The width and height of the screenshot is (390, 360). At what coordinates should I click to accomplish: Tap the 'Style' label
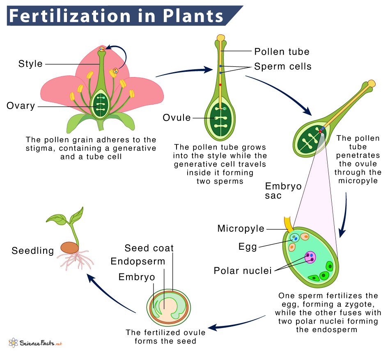pyautogui.click(x=30, y=64)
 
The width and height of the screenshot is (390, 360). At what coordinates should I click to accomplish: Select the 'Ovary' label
pyautogui.click(x=21, y=106)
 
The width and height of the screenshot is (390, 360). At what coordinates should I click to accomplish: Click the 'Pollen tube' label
pyautogui.click(x=282, y=52)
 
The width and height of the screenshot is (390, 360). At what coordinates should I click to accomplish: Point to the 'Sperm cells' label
pyautogui.click(x=283, y=66)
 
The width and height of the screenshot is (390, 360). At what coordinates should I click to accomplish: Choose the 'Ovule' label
pyautogui.click(x=177, y=118)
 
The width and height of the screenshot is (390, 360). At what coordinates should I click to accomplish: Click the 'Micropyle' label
pyautogui.click(x=241, y=228)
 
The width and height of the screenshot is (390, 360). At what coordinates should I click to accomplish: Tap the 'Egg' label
pyautogui.click(x=248, y=247)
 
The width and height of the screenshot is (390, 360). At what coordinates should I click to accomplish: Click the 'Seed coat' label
pyautogui.click(x=149, y=248)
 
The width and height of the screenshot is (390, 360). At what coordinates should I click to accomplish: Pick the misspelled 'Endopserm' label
pyautogui.click(x=138, y=262)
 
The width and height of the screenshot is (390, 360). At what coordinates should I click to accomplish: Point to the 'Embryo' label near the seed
pyautogui.click(x=137, y=277)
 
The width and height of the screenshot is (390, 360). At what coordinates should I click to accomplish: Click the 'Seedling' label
pyautogui.click(x=33, y=251)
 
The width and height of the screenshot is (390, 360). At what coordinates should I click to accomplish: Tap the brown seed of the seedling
pyautogui.click(x=69, y=248)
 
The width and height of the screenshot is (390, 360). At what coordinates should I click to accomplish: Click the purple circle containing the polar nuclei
pyautogui.click(x=310, y=257)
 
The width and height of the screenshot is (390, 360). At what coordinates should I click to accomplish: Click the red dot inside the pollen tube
pyautogui.click(x=220, y=85)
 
